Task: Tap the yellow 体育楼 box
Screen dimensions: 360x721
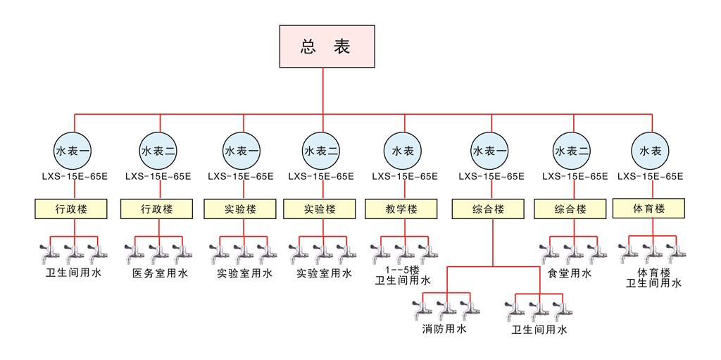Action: coord(649,208)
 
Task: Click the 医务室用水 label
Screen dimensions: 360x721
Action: coord(160,273)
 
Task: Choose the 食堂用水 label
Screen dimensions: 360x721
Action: coord(570,273)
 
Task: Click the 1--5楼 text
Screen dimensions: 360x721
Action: coord(402,270)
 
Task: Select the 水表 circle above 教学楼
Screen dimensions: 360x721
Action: coord(402,151)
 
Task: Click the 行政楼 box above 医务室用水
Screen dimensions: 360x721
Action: coord(156,209)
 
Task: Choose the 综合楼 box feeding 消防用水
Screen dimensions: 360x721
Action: coord(489,209)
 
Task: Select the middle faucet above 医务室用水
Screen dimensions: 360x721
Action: coord(158,252)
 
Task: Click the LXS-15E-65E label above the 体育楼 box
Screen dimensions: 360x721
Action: coord(650,176)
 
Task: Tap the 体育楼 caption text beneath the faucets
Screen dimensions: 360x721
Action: coord(653,271)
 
